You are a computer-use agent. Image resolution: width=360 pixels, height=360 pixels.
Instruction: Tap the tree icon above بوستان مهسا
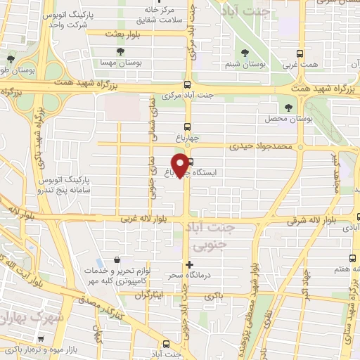(122, 51)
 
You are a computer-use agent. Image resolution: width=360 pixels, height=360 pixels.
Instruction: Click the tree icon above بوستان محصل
(290, 107)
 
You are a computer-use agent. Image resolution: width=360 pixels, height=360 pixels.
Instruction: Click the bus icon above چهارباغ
(186, 127)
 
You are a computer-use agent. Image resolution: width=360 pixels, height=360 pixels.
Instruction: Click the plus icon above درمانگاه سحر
(188, 264)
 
